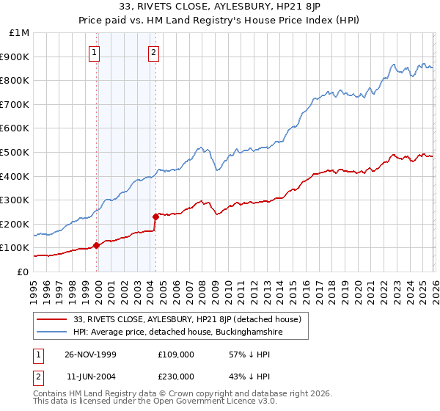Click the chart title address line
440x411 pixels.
[219, 7]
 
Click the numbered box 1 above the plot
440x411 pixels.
[95, 52]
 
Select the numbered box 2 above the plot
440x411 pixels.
[154, 52]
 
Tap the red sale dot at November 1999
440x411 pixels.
[97, 246]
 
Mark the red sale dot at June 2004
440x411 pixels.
[155, 217]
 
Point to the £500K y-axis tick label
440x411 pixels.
[15, 152]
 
